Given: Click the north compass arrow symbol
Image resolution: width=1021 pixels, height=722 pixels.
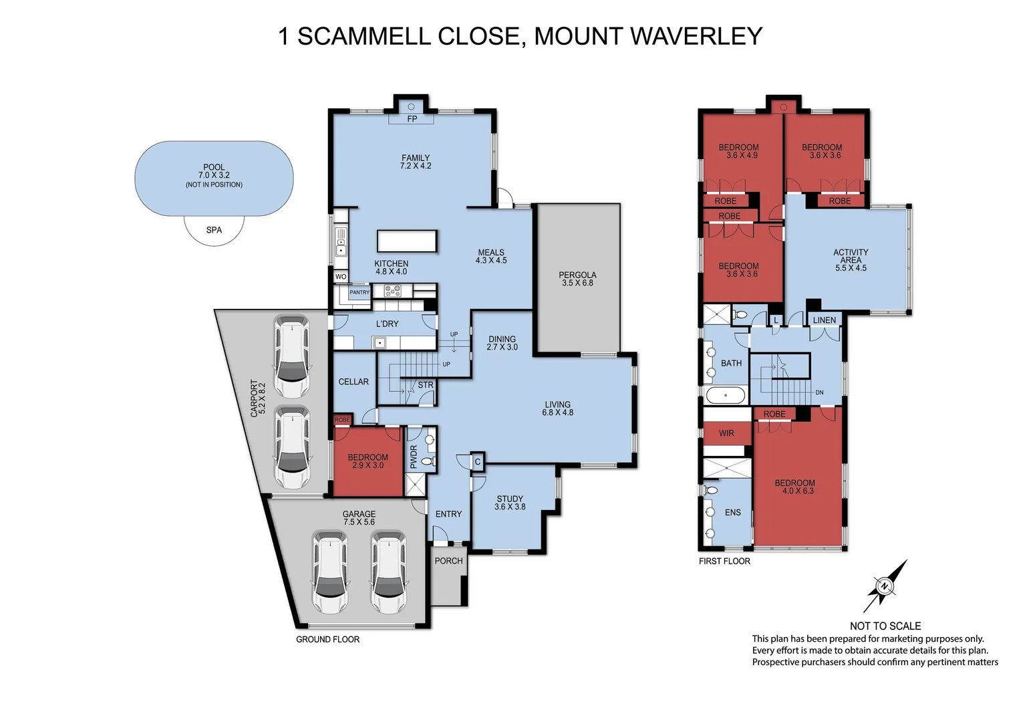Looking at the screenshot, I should click(885, 586).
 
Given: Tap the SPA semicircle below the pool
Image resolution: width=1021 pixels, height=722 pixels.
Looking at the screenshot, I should click(214, 230).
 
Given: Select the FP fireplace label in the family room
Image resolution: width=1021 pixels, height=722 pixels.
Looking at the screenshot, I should click(412, 119).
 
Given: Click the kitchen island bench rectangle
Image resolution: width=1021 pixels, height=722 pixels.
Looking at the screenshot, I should click(407, 241).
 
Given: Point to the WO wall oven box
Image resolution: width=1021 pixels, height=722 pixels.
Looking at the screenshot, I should click(341, 277).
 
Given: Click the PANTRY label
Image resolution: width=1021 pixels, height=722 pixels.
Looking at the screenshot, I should click(359, 293).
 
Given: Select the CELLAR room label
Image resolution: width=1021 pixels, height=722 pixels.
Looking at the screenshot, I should click(353, 382).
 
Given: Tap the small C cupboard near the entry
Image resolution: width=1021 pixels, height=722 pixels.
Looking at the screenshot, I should click(477, 461).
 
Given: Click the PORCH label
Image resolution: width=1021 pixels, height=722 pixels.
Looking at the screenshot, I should click(448, 561).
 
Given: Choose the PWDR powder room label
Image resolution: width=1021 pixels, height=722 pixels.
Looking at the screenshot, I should click(413, 457).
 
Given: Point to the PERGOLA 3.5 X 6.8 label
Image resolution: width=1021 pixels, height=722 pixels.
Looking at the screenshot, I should click(577, 279).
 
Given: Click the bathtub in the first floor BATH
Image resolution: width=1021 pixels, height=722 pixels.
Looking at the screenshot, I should click(726, 395).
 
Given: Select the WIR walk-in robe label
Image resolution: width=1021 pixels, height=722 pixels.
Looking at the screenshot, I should click(726, 433).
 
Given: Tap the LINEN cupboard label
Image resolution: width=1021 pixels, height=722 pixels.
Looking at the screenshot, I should click(824, 320).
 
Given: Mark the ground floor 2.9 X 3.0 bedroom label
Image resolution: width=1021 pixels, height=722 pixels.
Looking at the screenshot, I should click(368, 461).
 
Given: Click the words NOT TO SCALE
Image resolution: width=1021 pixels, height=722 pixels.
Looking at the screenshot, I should click(885, 626).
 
